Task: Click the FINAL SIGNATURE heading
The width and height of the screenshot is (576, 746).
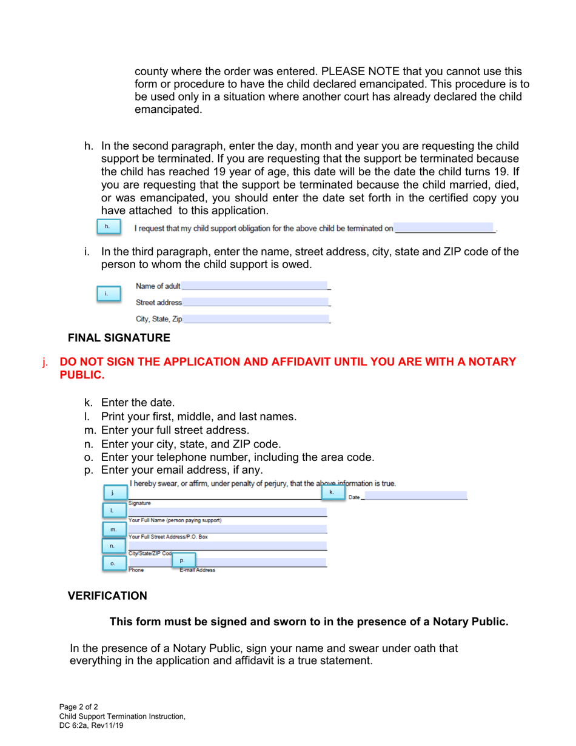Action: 119,337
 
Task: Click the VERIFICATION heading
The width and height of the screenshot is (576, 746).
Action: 107,596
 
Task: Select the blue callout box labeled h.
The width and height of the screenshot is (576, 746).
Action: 109,227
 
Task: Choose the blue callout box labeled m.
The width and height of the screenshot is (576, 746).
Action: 113,529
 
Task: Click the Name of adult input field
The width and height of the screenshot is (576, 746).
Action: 255,286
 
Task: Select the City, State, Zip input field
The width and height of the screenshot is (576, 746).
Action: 256,318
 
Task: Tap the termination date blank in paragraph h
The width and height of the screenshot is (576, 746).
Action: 444,229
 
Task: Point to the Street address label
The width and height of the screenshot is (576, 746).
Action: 158,303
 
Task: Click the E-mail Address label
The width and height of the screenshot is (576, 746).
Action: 197,570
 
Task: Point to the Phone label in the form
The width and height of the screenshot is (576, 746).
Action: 136,570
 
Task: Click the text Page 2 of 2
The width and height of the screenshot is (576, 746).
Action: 78,707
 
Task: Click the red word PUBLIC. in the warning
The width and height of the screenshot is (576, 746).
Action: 82,375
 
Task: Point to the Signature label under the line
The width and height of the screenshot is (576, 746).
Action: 139,503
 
